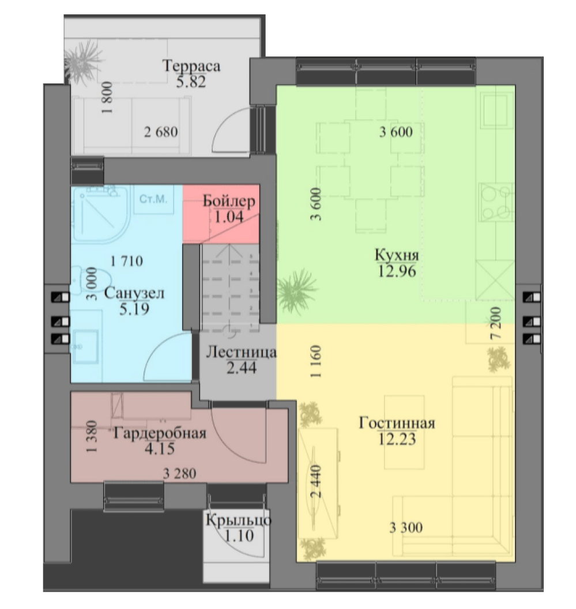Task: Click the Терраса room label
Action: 191,66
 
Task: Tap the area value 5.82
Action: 191,82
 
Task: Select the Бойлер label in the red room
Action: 229,201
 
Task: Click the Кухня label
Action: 397,255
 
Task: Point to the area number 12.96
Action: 397,271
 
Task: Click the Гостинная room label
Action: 397,422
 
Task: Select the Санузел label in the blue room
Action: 134,293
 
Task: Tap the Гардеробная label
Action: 160,433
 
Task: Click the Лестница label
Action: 242,352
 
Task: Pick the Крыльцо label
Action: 239,520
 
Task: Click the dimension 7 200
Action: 496,324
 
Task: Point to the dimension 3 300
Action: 406,527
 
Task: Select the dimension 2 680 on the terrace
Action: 161,132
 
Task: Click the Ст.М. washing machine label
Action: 153,199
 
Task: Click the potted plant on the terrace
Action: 84,60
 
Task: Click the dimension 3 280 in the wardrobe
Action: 179,474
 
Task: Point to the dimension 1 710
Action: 127,260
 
